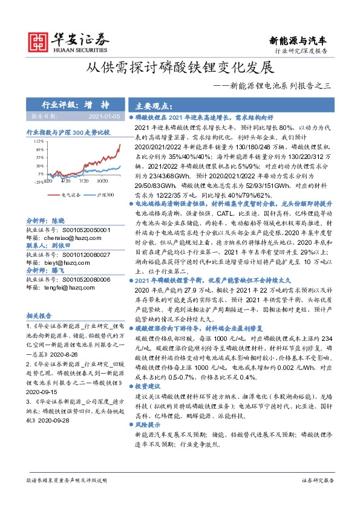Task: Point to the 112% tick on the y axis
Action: coord(39,140)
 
